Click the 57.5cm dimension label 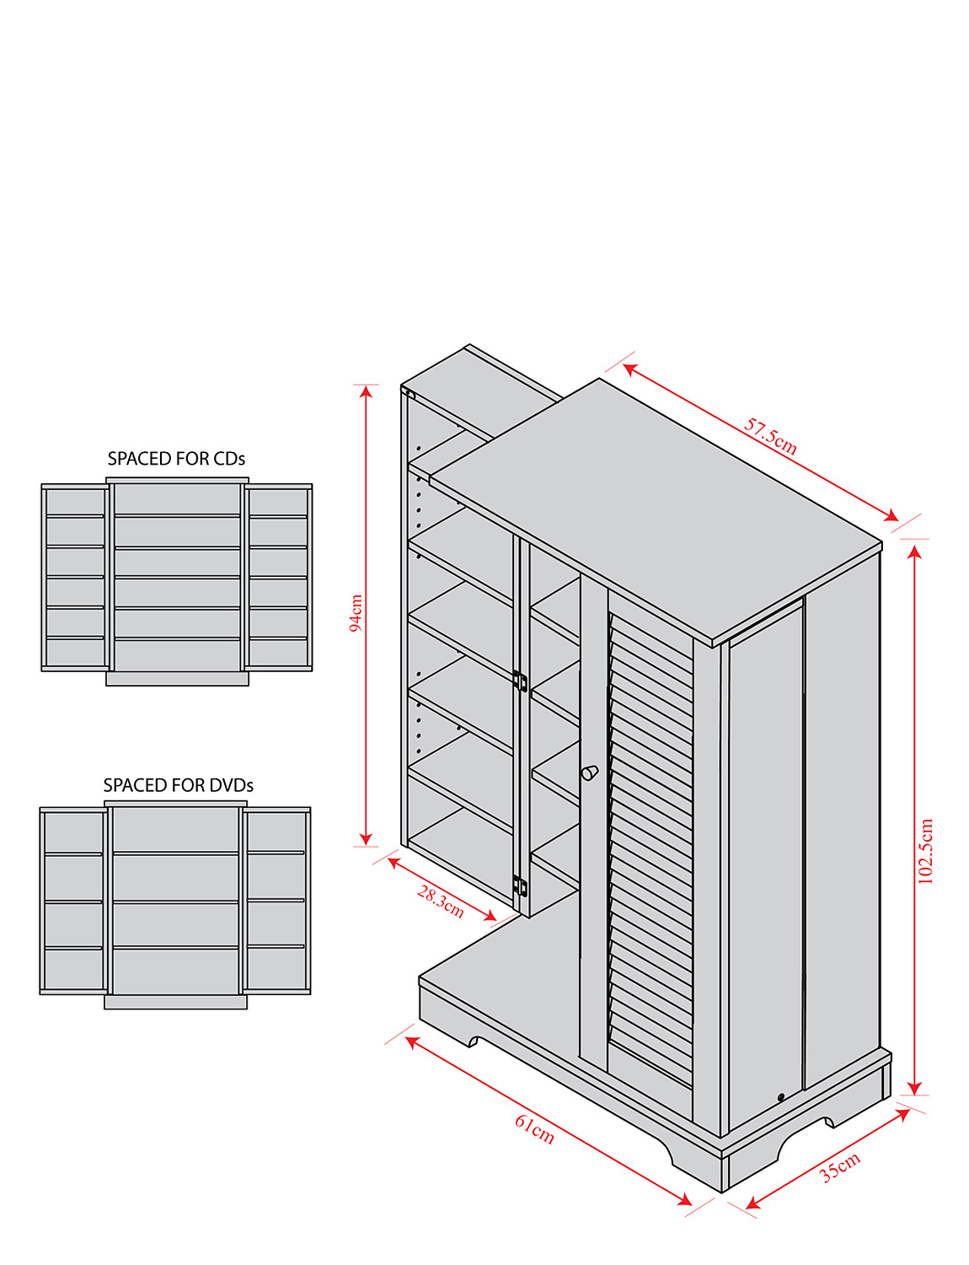click(x=770, y=436)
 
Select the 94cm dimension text click(x=356, y=612)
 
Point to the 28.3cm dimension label click(x=441, y=902)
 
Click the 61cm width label click(x=535, y=1128)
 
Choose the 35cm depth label click(x=840, y=1166)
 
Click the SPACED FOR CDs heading click(x=176, y=459)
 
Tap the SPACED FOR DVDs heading click(x=178, y=785)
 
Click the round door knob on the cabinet click(x=589, y=772)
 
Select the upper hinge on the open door click(x=520, y=681)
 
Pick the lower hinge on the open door click(x=520, y=886)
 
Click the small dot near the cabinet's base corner click(x=781, y=1097)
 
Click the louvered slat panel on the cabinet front click(x=650, y=843)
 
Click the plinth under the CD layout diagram click(x=177, y=679)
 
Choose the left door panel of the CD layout click(x=75, y=578)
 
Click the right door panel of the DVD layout click(x=276, y=901)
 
